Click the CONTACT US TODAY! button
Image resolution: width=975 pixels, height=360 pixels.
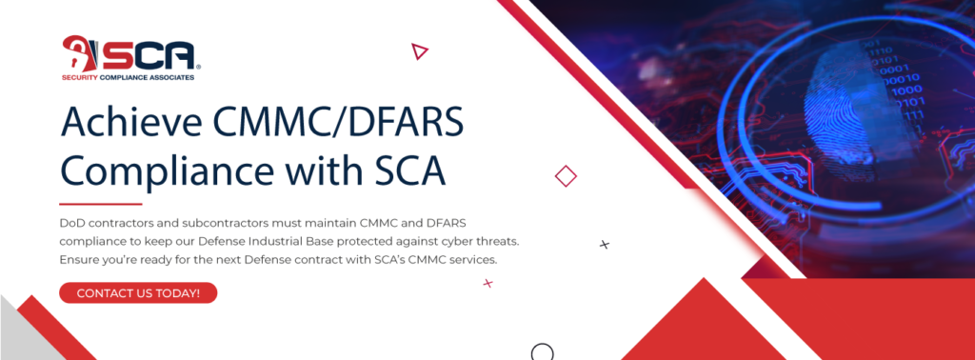(x=138, y=292)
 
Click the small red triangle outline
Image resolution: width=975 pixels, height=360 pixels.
(x=419, y=50)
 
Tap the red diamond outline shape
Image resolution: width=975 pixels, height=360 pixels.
(x=566, y=176)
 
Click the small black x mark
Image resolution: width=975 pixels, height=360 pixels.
(x=604, y=245)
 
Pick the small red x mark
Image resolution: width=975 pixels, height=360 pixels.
(x=487, y=283)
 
